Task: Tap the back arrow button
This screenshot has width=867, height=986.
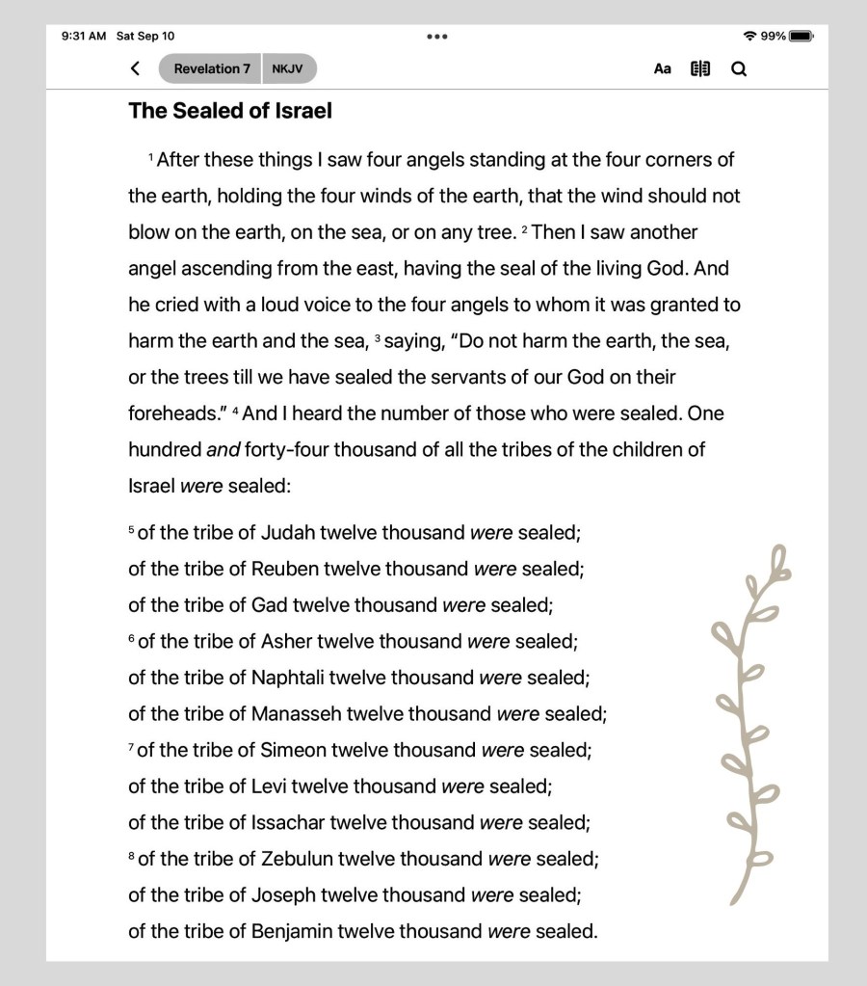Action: [x=135, y=68]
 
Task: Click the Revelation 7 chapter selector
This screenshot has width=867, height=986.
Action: [x=211, y=68]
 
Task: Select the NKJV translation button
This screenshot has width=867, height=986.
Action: [x=287, y=68]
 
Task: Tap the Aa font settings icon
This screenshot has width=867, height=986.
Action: [x=662, y=68]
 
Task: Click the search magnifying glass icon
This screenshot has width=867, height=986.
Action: [x=739, y=68]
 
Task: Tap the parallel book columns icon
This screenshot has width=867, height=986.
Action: [x=700, y=68]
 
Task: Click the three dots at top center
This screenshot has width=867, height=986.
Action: [x=436, y=37]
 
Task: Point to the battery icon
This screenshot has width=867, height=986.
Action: [x=801, y=37]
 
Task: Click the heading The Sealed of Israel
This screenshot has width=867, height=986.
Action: [x=230, y=111]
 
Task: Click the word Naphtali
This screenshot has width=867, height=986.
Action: [x=287, y=678]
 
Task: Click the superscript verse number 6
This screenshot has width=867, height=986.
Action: [x=132, y=638]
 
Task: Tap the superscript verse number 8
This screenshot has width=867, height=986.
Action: [x=132, y=855]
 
